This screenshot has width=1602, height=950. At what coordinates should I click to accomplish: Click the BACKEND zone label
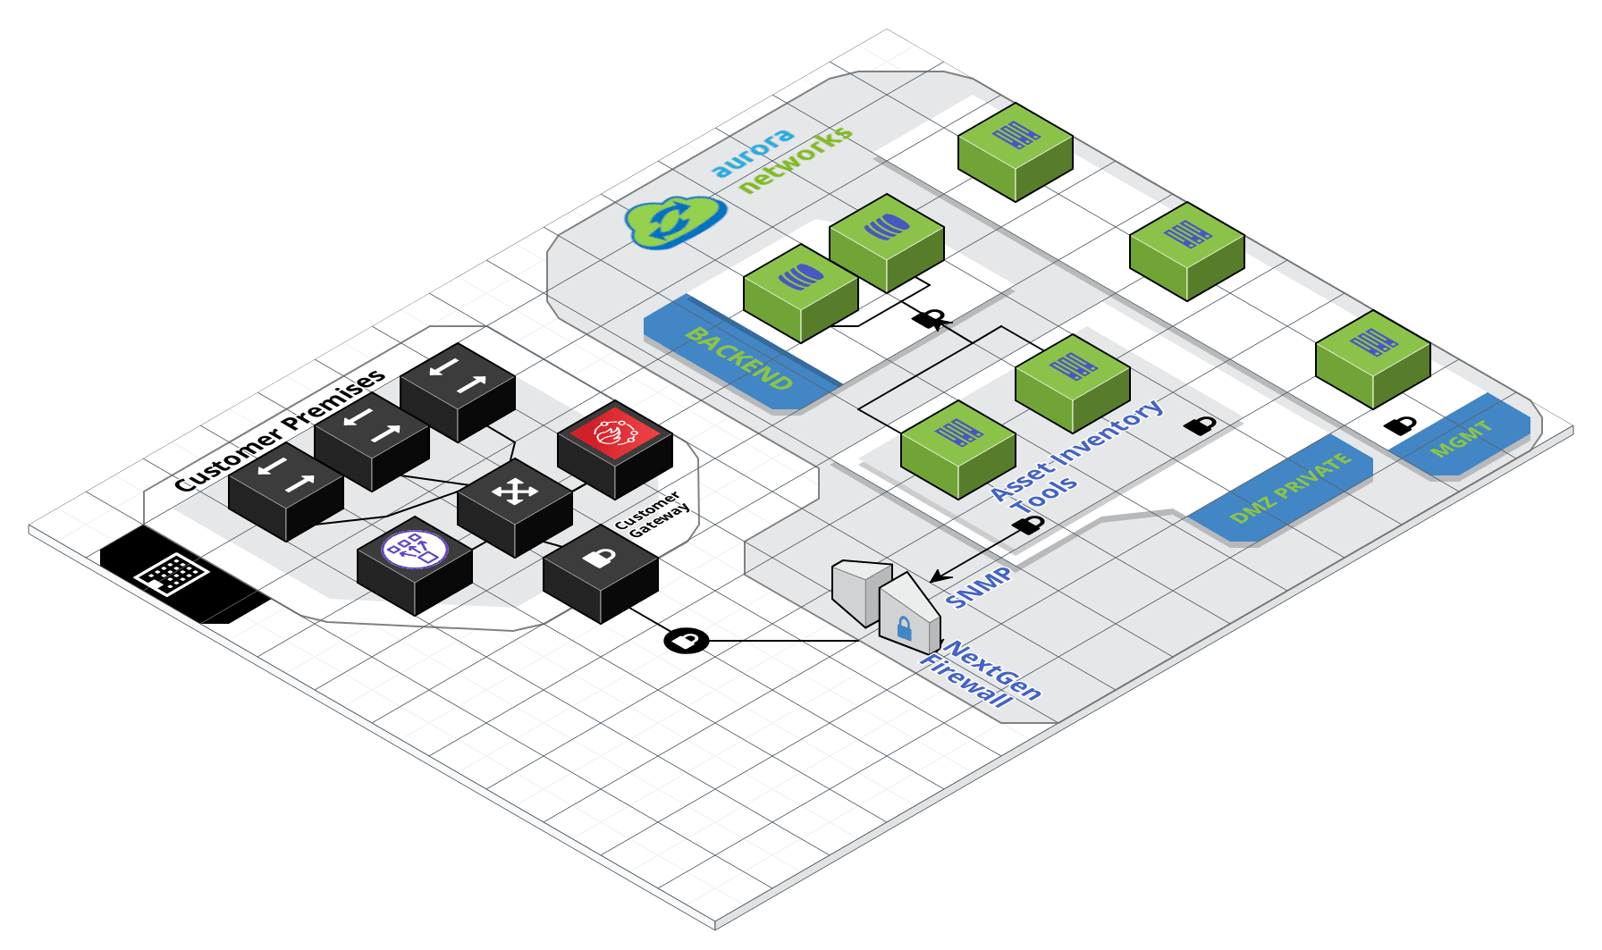point(739,359)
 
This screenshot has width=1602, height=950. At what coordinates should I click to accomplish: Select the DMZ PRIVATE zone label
point(1289,489)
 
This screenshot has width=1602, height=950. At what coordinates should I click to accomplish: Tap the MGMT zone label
point(1462,439)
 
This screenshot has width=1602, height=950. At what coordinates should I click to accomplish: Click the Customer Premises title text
point(280,430)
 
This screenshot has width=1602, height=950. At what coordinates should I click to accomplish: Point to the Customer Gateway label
point(653,515)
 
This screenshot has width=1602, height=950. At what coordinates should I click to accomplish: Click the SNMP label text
point(979,586)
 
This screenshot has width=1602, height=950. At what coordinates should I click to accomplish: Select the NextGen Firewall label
point(981,674)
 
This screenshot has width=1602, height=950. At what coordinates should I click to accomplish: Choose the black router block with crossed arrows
point(515,507)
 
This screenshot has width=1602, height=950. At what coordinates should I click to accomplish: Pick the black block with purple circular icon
point(415,566)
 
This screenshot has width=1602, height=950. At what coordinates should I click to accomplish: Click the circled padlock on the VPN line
point(687,641)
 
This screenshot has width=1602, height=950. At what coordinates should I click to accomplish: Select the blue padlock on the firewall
point(904,627)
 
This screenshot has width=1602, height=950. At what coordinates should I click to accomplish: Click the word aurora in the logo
point(753,152)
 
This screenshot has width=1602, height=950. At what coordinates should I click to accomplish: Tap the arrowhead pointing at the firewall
point(937,576)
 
